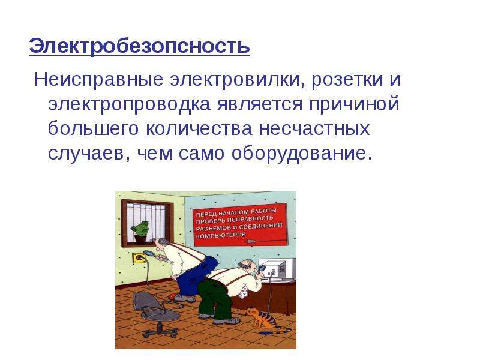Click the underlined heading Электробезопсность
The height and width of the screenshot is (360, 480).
pyautogui.click(x=139, y=46)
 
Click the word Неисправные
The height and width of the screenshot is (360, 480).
pyautogui.click(x=98, y=80)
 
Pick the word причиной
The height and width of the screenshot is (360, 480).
pyautogui.click(x=354, y=104)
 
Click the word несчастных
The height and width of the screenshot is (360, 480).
pyautogui.click(x=314, y=129)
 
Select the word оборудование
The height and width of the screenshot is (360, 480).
pyautogui.click(x=298, y=153)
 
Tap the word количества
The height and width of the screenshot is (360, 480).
pyautogui.click(x=199, y=129)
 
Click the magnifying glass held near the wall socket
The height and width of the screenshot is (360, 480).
pyautogui.click(x=149, y=253)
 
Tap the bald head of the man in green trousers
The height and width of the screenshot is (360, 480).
pyautogui.click(x=245, y=263)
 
